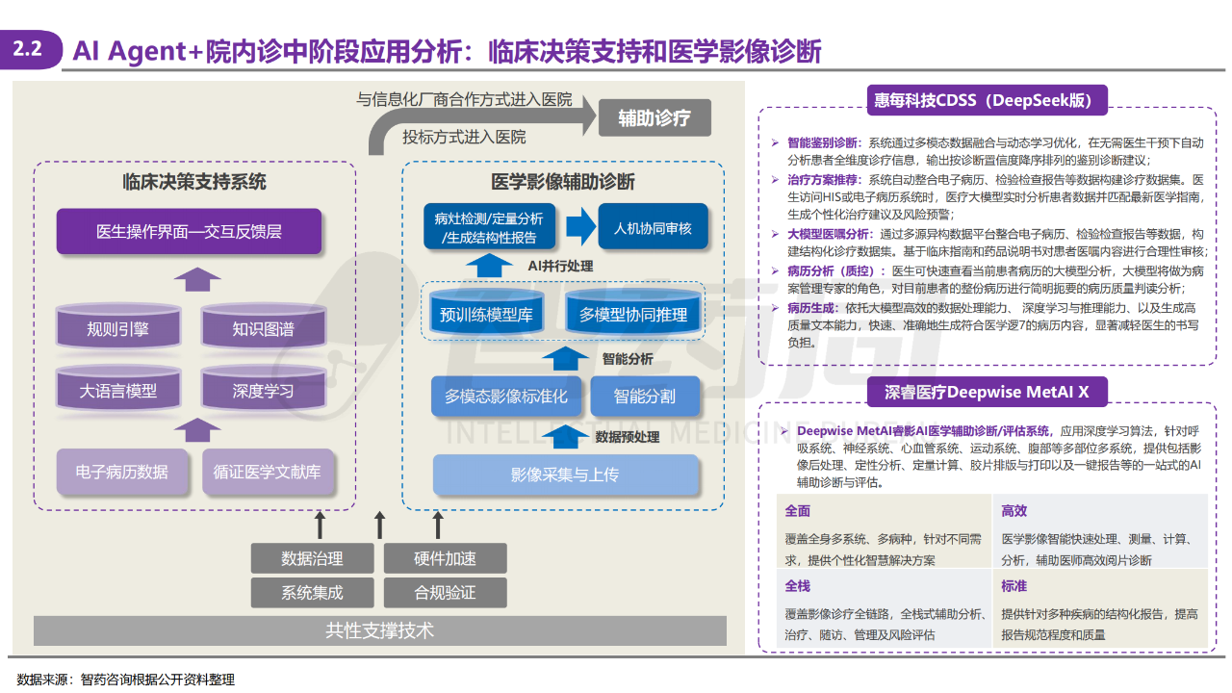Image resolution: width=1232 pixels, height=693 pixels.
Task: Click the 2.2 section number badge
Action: (29, 50)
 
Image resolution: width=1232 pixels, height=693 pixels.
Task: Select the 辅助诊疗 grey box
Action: (654, 118)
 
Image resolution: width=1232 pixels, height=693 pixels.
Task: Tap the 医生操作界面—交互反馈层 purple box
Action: (189, 232)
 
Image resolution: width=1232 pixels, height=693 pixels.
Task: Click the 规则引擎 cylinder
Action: (117, 328)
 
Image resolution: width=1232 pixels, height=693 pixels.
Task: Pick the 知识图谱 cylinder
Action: (263, 328)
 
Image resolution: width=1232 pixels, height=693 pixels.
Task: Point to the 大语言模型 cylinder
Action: (117, 391)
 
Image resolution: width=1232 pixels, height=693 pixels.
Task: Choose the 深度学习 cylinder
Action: (263, 391)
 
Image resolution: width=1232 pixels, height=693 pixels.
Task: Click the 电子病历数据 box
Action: (121, 472)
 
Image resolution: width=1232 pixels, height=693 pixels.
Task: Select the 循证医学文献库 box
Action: (268, 472)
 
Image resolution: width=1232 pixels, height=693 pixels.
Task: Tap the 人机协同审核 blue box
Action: (653, 229)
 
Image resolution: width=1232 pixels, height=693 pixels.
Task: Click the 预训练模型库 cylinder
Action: (486, 314)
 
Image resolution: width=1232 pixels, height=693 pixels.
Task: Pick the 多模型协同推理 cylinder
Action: (632, 314)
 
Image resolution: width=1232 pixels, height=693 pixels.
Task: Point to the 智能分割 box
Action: (644, 396)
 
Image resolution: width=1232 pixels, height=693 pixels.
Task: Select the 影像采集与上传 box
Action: (565, 475)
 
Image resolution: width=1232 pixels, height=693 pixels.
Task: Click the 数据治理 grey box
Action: (312, 558)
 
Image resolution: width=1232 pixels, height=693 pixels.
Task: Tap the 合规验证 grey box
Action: (445, 592)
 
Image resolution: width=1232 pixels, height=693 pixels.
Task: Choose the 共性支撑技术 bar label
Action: (380, 630)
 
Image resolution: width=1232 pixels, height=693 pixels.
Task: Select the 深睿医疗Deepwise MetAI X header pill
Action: (987, 392)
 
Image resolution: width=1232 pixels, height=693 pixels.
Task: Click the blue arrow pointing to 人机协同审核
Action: (580, 228)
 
